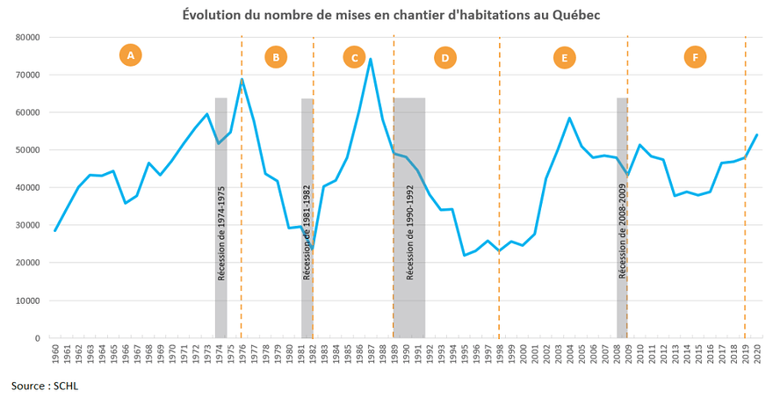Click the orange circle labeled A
click(130, 56)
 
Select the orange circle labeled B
click(276, 58)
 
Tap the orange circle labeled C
click(354, 58)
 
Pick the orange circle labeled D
click(445, 58)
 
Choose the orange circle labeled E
click(565, 58)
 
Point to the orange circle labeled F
click(695, 58)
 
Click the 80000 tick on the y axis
click(27, 38)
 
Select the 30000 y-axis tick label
click(27, 226)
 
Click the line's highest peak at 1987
click(371, 59)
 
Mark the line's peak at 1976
click(242, 79)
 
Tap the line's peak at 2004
click(570, 118)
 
